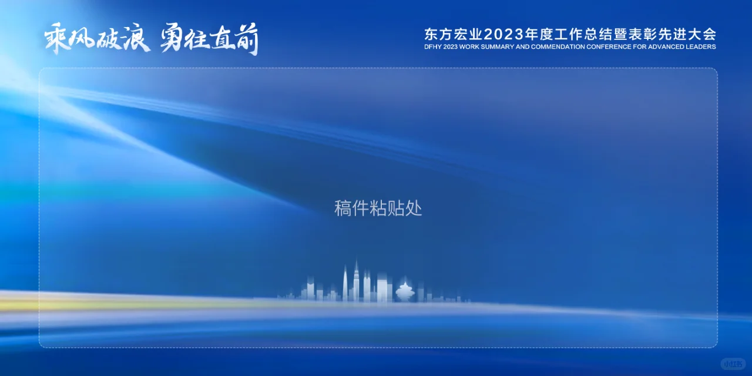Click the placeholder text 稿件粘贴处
378,209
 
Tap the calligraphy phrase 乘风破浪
97,39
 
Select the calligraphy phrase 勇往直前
209,39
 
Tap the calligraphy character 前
247,39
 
